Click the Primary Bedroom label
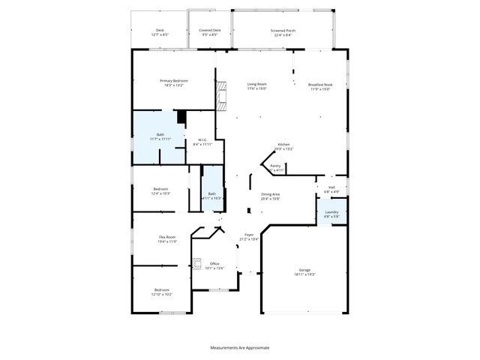coord(174,80)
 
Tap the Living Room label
coord(257,84)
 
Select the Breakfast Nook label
coord(320,85)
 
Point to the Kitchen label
coord(284,144)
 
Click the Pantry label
coord(275,166)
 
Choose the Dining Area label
coord(270,194)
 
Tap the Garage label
coord(304,270)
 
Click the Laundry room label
coord(331,212)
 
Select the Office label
coord(214,263)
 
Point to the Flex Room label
coord(166,237)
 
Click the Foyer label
coord(248,235)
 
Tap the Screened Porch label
coord(283,31)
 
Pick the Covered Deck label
coord(209,31)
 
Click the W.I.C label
coord(202,139)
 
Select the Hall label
coord(331,187)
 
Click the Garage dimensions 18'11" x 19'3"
coord(304,274)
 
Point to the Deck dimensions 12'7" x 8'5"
coord(160,35)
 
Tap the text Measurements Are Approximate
coord(239,347)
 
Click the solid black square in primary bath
coord(181,117)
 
